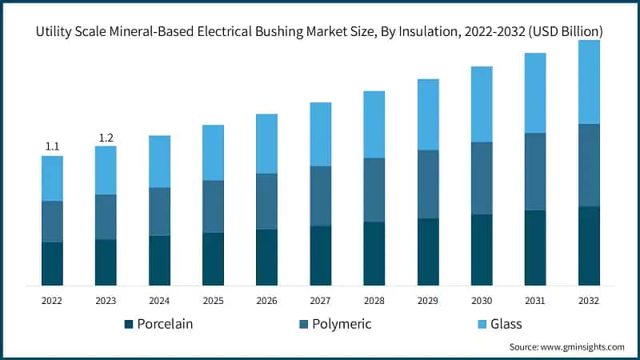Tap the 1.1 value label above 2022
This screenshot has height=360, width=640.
pos(52,146)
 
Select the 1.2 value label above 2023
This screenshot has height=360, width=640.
pos(106,138)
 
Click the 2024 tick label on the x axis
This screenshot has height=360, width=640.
pos(159,300)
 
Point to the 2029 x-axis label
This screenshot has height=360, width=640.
pos(428,300)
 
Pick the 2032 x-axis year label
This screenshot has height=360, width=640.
pos(589,300)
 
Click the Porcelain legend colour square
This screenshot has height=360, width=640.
pos(128,324)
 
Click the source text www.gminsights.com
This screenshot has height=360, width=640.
pos(566,347)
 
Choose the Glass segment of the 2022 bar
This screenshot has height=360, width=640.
pos(52,178)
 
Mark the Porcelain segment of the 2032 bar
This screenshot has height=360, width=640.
pos(589,246)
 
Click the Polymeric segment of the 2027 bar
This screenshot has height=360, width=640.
pos(321,196)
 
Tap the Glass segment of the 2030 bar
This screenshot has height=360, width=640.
pos(482,104)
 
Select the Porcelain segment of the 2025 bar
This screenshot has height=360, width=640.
pos(213,259)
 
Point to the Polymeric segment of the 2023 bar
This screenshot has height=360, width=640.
pos(106,217)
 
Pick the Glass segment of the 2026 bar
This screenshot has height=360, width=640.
pos(266,143)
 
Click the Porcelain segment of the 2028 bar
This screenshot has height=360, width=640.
pos(374,254)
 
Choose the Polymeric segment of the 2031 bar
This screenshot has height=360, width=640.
pos(535,171)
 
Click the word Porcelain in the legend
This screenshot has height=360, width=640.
pos(165,324)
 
